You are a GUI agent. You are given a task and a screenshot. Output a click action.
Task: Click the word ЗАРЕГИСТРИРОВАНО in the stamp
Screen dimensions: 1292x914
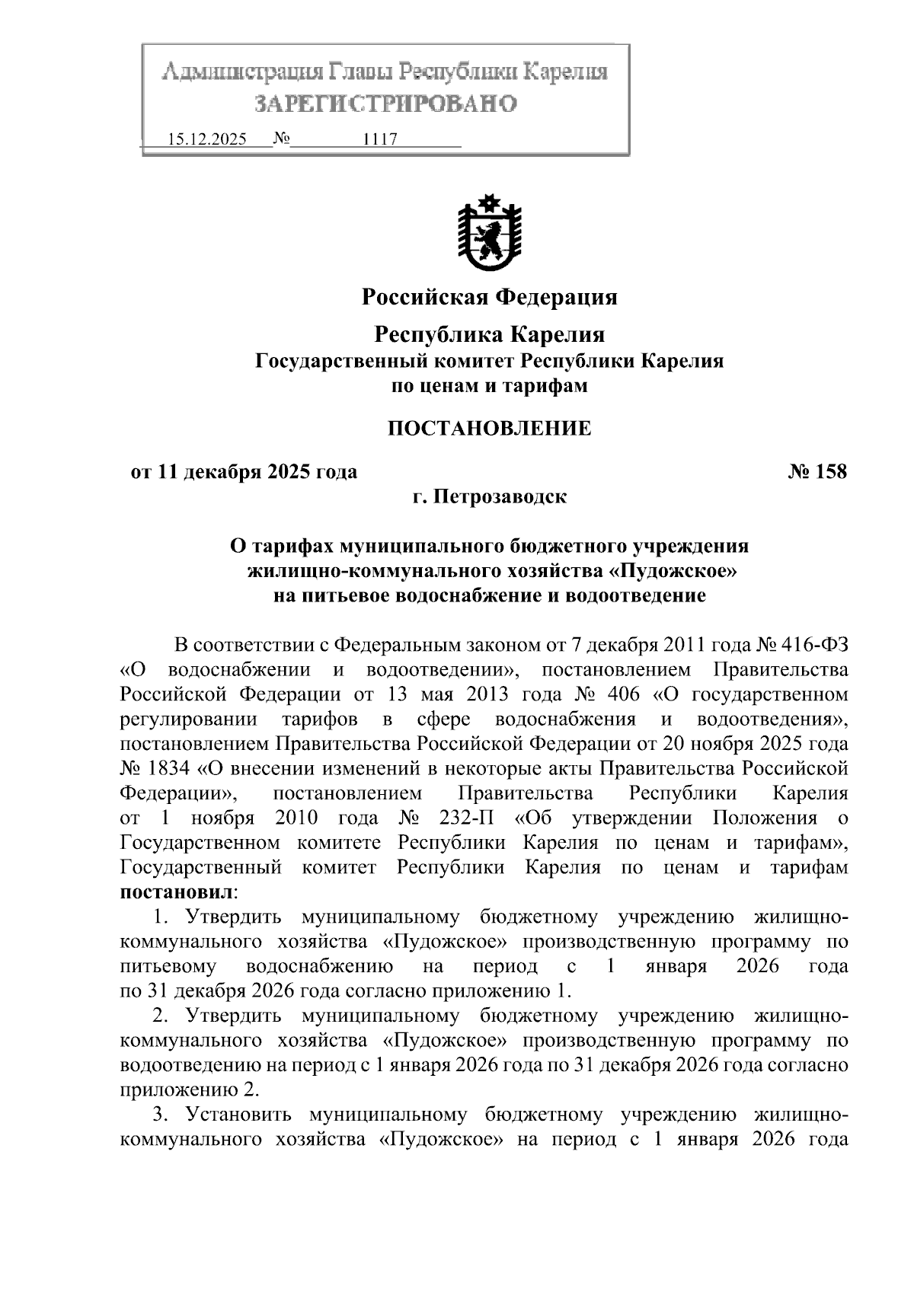385,104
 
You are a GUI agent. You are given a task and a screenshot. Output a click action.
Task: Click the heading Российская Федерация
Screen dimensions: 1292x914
489,296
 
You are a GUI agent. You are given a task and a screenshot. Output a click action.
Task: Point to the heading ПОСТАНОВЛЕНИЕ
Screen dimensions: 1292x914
489,429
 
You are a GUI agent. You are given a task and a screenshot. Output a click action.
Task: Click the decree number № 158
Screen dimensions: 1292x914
817,472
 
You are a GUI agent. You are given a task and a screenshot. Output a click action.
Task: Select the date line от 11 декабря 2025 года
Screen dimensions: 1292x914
244,472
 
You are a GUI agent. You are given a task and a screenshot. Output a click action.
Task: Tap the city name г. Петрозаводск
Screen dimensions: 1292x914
489,497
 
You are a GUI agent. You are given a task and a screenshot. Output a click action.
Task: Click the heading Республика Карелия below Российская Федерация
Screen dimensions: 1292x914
489,334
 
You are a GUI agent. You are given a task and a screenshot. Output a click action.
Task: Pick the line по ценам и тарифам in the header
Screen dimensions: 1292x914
489,386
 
